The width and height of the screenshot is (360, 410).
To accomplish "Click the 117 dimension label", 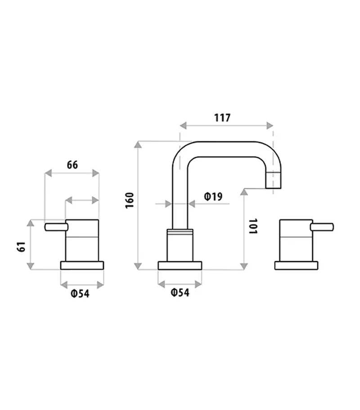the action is tap(222, 118).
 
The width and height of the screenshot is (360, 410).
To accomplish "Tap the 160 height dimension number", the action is tap(130, 201).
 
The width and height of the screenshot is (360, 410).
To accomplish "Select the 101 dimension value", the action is tap(253, 227).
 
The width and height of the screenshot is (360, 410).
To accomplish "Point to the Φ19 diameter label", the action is tap(213, 196).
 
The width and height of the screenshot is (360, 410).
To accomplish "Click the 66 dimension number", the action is tap(72, 165).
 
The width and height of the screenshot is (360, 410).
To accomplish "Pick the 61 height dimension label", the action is tap(21, 246).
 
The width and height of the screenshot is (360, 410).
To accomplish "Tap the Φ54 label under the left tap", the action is tap(80, 294).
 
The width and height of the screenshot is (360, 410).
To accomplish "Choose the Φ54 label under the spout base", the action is tap(180, 292).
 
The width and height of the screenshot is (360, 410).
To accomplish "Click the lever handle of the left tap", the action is tap(56, 227).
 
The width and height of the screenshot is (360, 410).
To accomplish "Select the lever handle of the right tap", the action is tap(322, 227).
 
